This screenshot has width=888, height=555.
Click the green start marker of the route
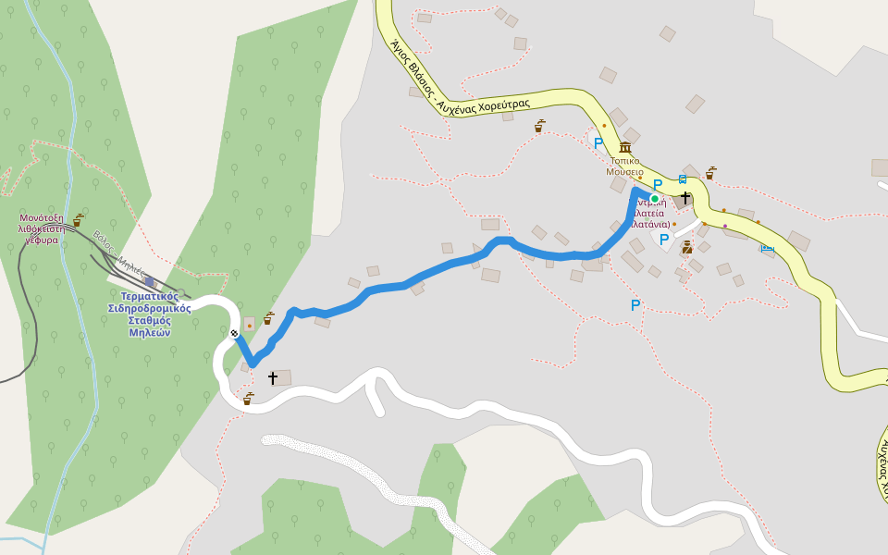(654, 198)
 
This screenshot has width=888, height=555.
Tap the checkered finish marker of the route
(235, 333)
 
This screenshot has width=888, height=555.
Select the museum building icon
(625, 148)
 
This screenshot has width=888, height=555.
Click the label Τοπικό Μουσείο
(624, 166)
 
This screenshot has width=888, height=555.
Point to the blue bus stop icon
(683, 179)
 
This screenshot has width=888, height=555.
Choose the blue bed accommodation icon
(767, 248)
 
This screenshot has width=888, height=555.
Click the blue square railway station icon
(150, 281)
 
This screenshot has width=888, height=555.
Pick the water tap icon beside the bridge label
(78, 220)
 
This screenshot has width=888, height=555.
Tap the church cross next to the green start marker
(684, 197)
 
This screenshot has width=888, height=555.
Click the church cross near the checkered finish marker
(273, 377)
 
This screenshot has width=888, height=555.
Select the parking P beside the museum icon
(598, 143)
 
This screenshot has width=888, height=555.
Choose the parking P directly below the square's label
(664, 240)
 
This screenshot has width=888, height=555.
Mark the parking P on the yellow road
(658, 185)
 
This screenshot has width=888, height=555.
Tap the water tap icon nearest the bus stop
(710, 172)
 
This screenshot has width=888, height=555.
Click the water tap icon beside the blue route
(268, 318)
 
